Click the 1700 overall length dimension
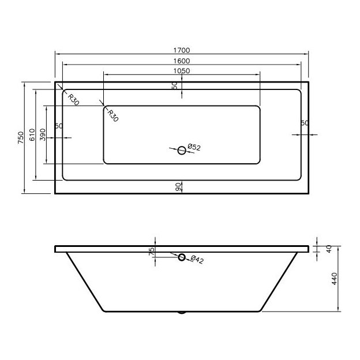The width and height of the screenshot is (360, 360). [181, 50]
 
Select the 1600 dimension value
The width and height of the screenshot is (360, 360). [181, 61]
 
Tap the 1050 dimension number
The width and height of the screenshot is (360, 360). [181, 71]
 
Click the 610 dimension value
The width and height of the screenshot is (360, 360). [32, 134]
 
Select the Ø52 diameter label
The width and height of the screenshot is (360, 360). [194, 148]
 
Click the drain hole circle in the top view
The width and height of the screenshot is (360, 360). [182, 150]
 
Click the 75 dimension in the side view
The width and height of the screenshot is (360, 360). [151, 252]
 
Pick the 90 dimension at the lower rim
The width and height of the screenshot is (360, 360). [178, 186]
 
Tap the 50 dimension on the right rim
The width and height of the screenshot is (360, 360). [305, 123]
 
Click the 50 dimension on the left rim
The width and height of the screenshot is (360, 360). [58, 126]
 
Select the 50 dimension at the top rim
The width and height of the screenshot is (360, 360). [175, 85]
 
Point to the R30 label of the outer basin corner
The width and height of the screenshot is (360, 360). [73, 99]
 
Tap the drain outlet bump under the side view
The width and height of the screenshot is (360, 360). [182, 313]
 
